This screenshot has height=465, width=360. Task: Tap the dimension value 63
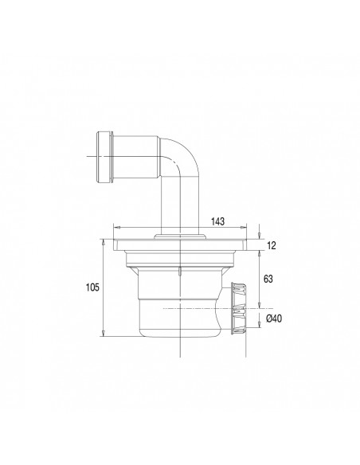click(x=270, y=279)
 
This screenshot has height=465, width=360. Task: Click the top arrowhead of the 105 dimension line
click(x=104, y=240)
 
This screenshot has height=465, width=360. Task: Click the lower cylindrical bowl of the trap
click(x=179, y=315)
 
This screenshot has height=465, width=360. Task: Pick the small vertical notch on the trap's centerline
click(x=182, y=273)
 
